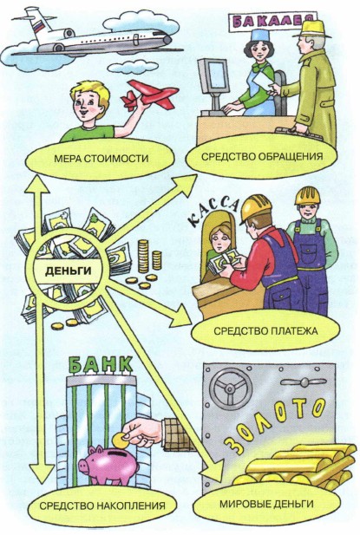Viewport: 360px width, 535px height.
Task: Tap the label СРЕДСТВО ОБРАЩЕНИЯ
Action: [x=262, y=157]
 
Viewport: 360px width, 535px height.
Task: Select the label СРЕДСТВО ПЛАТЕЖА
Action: [x=265, y=331]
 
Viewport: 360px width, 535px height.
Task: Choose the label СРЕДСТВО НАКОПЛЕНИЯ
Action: [x=102, y=506]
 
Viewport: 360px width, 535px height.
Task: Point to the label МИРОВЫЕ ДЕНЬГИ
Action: [x=266, y=503]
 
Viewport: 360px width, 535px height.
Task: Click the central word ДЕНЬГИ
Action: [x=69, y=271]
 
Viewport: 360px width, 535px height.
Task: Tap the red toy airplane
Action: [x=149, y=95]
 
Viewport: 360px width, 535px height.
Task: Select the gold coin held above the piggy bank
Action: [x=121, y=440]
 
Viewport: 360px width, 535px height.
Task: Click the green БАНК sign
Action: [x=101, y=365]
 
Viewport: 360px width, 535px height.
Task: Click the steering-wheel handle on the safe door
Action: [x=231, y=388]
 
